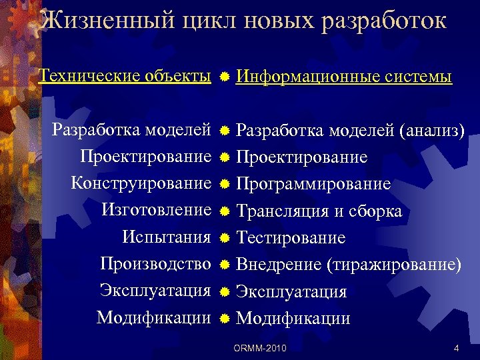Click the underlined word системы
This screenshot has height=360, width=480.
click(419, 77)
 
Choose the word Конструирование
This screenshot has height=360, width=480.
click(141, 183)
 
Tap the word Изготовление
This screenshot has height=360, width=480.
click(156, 210)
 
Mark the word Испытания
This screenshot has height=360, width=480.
click(167, 237)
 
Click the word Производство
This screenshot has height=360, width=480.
click(155, 264)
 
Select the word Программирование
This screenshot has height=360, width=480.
click(313, 184)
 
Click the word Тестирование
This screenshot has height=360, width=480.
click(291, 238)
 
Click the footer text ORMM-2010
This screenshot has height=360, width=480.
click(260, 348)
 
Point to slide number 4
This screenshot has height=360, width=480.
click(455, 348)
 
